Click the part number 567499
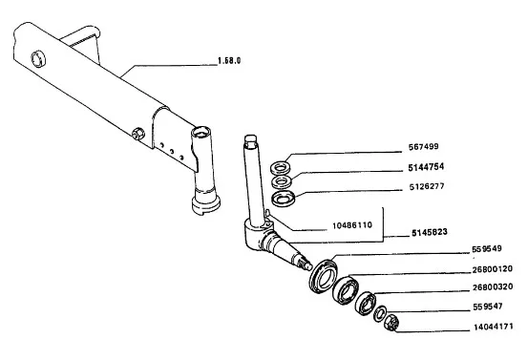pos(423,147)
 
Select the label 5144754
pos(426,167)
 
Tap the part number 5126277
pos(427,186)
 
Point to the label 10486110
pos(352,225)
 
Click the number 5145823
pos(430,232)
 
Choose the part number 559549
pos(487,249)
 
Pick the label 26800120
pos(493,269)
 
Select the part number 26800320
pos(493,286)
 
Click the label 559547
pos(488,307)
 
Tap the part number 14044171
pos(494,327)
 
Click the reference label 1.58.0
pos(229,61)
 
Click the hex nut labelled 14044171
pos(391,323)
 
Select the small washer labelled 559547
pos(380,313)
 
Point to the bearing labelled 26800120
pos(345,289)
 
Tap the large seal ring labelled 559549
pos(324,275)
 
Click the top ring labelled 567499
pos(281,167)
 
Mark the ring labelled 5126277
pos(284,199)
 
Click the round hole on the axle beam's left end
pos(38,58)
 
